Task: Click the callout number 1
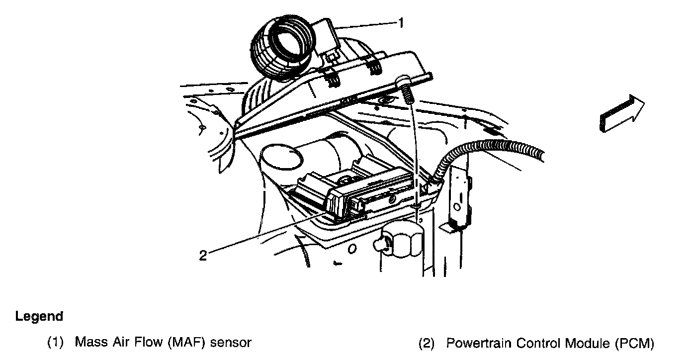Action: click(x=400, y=23)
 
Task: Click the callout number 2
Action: click(x=202, y=256)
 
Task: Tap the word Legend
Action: click(x=39, y=316)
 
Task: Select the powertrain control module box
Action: click(x=358, y=194)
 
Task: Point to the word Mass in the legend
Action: click(x=87, y=343)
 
